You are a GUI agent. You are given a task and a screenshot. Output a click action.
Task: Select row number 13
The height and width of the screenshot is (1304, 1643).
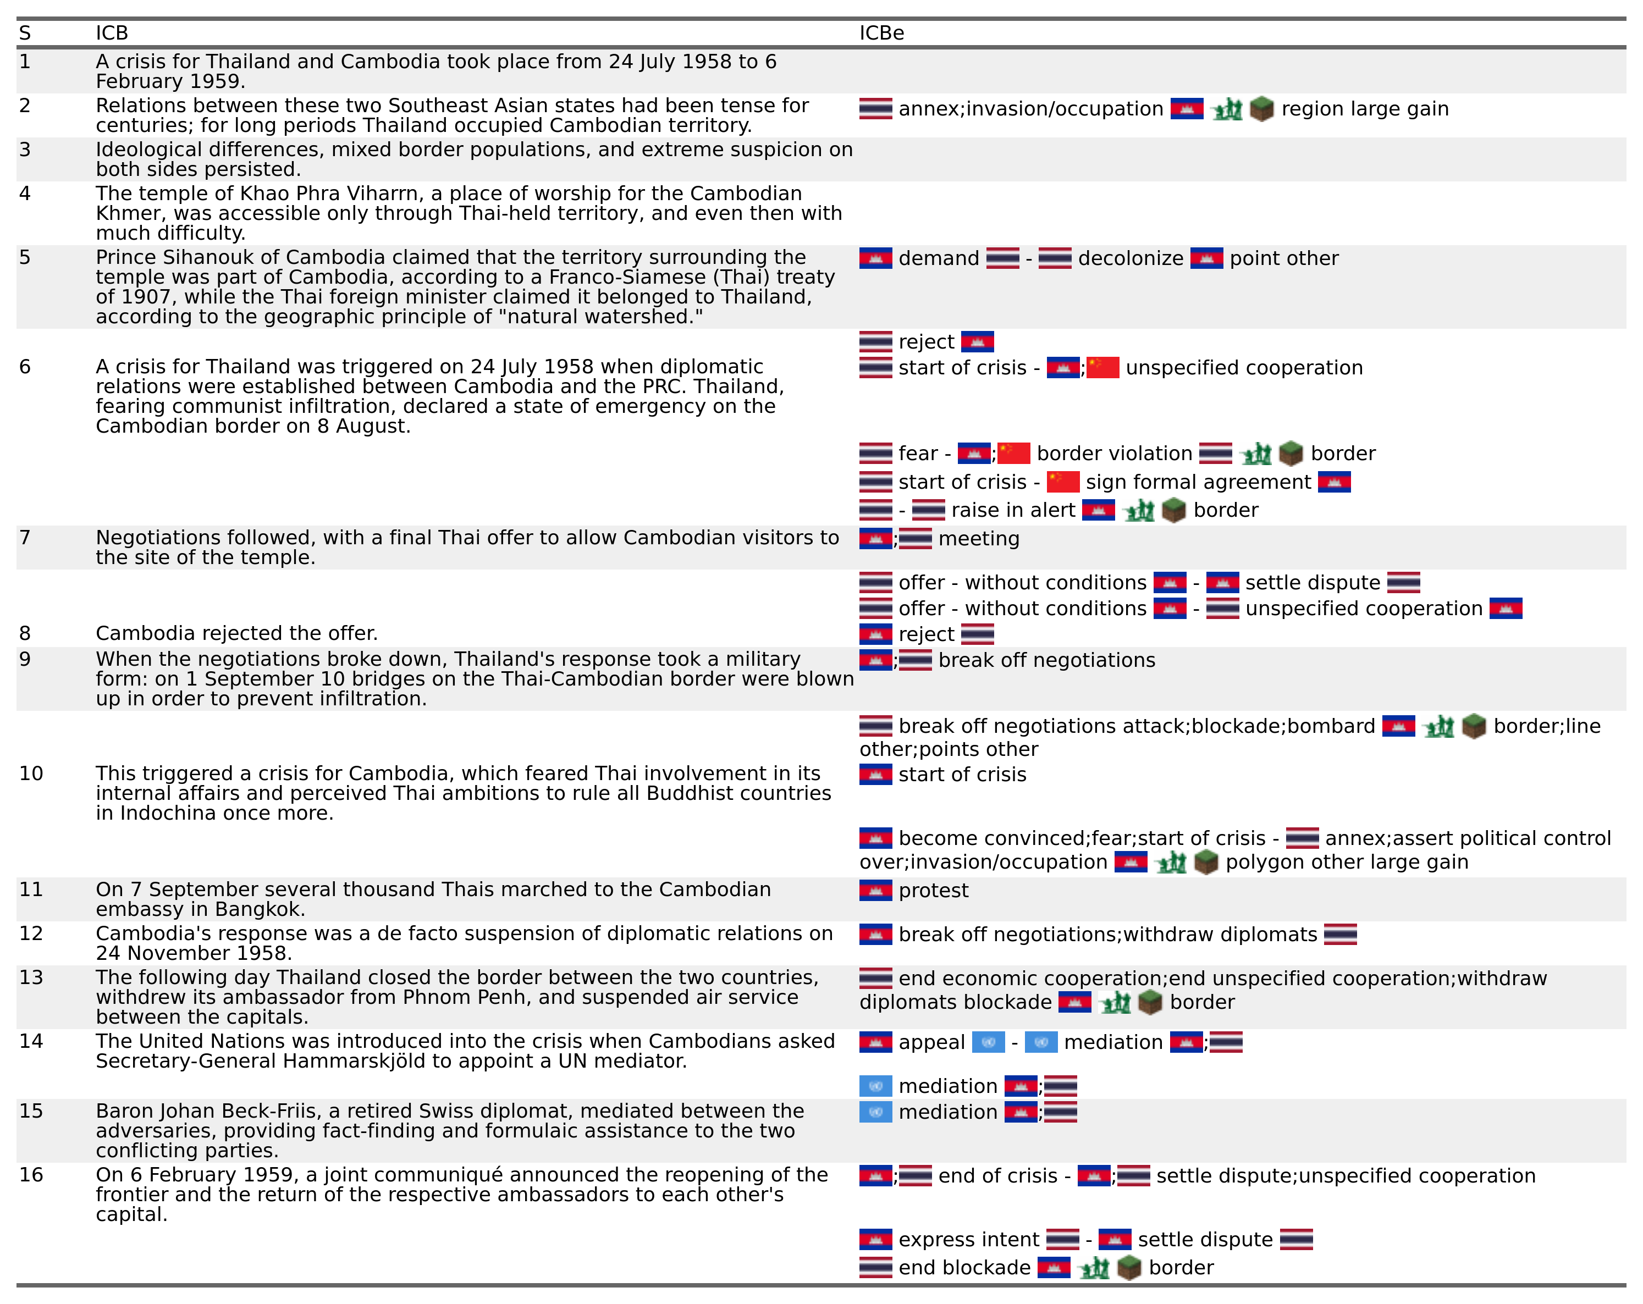coord(31,977)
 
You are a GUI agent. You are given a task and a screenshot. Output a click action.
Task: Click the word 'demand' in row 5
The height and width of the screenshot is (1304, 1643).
coord(938,258)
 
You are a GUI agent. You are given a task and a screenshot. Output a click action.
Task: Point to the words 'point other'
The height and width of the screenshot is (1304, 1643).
coord(1283,258)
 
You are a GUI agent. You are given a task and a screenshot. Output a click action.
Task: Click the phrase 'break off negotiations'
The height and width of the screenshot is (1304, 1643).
coord(1046,660)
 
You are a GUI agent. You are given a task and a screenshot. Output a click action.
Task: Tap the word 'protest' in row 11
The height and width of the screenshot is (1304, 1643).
coord(934,891)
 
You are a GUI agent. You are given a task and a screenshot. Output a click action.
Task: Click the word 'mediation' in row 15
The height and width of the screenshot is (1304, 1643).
coord(947,1112)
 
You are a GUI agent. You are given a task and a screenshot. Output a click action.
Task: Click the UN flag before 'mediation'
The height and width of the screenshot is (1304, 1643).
coord(875,1112)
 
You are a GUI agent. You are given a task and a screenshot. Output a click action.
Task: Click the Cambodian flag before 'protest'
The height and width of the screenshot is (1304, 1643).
coord(875,891)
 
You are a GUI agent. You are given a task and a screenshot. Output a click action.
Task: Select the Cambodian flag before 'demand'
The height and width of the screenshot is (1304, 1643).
coord(875,258)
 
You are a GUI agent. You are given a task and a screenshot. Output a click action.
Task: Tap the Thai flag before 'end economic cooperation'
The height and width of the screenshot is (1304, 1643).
coord(875,978)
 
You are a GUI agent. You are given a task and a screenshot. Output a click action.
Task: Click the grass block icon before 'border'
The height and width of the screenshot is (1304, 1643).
coord(1150,1002)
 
